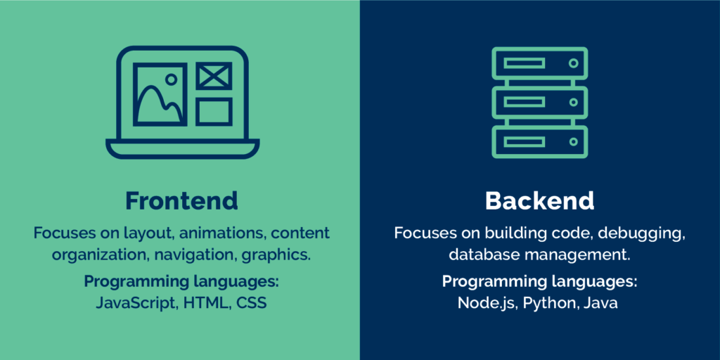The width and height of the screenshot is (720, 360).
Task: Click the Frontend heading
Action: click(x=181, y=200)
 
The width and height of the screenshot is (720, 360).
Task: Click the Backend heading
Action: click(x=539, y=200)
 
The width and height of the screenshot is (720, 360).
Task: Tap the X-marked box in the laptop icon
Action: click(x=214, y=76)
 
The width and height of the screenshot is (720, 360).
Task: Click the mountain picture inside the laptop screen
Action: click(x=160, y=96)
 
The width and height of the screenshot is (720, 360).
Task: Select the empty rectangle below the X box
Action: click(x=214, y=111)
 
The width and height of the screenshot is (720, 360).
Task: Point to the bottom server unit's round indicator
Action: click(x=573, y=142)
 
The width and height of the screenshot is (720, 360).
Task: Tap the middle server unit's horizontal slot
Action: click(x=524, y=103)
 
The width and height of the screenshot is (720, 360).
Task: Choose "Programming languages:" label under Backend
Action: click(x=539, y=282)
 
